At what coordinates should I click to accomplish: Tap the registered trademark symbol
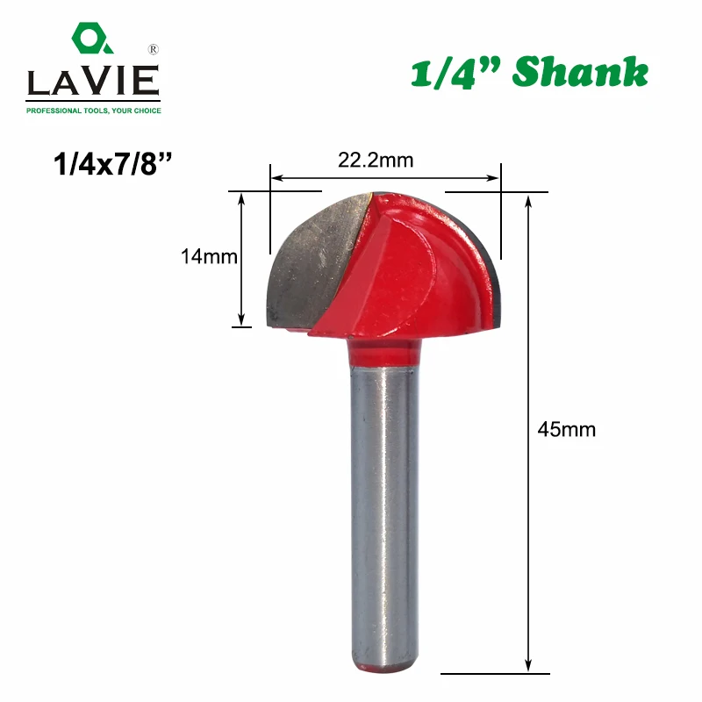click(x=153, y=49)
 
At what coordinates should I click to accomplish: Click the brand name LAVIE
click(x=93, y=81)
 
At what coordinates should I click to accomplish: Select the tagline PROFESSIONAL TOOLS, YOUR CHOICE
click(x=94, y=111)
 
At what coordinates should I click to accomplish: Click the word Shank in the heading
click(x=580, y=72)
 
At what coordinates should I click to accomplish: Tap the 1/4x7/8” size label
click(x=112, y=164)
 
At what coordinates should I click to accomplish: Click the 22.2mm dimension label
click(x=376, y=161)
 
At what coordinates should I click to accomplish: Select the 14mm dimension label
click(x=209, y=257)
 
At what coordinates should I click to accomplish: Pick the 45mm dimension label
click(x=567, y=430)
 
